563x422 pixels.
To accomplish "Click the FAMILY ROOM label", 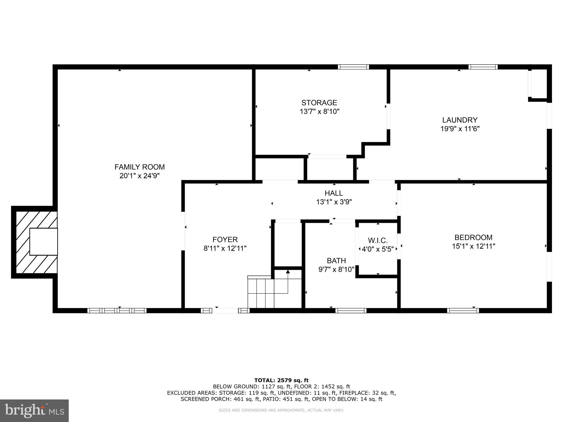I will click(139, 167).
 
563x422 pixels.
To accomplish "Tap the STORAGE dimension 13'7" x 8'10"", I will click(319, 112).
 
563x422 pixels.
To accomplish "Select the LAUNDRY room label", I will click(460, 120).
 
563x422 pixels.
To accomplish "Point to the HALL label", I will click(334, 193).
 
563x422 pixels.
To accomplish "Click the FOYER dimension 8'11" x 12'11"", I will click(225, 248).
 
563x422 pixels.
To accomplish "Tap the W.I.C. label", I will click(378, 241).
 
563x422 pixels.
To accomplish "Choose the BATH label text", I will click(336, 260).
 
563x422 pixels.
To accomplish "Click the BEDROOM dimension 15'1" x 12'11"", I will click(473, 246).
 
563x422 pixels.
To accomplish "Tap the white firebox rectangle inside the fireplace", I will click(43, 241).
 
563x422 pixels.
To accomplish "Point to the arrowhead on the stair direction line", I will click(288, 272).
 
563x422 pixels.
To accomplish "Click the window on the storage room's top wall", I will click(353, 67).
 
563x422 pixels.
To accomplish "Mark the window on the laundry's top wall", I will click(483, 67).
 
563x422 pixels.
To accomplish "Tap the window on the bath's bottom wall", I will click(351, 310).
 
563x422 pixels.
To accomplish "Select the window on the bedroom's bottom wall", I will click(463, 310).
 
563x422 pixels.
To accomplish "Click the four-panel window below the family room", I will click(117, 310).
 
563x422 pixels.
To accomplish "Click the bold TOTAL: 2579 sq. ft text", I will click(281, 380).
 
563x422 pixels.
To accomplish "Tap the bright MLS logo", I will click(34, 410).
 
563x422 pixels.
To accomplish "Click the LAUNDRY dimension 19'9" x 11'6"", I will click(460, 129).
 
